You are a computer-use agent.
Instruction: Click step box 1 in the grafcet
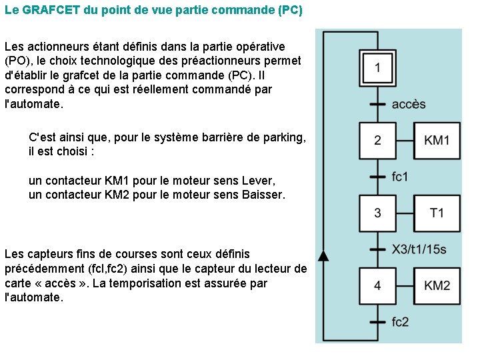[x=377, y=68]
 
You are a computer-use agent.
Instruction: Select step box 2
[x=377, y=141]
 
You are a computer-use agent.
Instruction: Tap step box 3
[x=377, y=213]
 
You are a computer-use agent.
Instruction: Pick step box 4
[x=377, y=286]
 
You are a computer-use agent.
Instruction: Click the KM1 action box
[x=437, y=141]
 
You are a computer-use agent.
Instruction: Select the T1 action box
[x=437, y=213]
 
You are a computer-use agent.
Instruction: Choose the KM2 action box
[x=437, y=286]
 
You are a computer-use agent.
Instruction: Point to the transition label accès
[x=409, y=105]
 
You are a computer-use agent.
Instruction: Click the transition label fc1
[x=400, y=177]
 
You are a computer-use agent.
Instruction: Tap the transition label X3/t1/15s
[x=419, y=250]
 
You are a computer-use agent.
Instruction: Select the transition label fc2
[x=401, y=322]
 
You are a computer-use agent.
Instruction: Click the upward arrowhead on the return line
[x=323, y=255]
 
